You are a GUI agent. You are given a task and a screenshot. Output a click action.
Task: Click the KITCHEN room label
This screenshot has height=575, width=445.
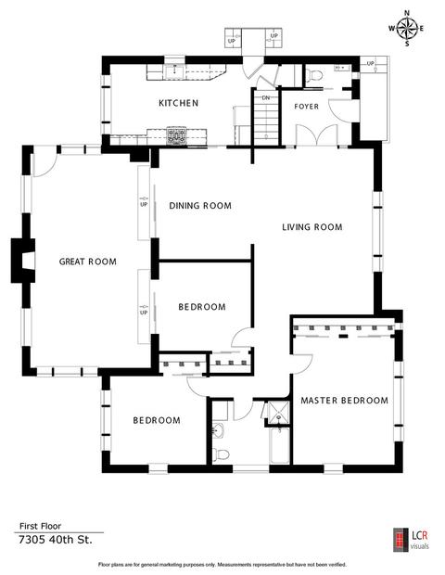[179, 103]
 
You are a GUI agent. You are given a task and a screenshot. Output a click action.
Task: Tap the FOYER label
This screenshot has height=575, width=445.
[307, 107]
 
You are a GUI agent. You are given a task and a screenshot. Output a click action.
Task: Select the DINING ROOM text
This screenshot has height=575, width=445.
[200, 206]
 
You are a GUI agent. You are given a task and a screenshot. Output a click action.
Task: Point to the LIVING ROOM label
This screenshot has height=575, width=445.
[312, 227]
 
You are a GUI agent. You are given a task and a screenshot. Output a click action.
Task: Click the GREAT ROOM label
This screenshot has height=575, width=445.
[87, 262]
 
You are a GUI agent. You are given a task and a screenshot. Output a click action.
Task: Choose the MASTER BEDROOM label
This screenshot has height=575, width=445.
[345, 401]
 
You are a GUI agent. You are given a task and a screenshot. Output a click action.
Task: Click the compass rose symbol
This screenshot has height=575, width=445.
[407, 29]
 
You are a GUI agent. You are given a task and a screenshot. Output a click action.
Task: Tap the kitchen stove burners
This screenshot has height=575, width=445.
[176, 135]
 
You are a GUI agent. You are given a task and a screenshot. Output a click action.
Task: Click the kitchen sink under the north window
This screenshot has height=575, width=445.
[174, 71]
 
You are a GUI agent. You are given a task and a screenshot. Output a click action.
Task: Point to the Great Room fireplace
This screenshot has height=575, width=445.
[23, 261]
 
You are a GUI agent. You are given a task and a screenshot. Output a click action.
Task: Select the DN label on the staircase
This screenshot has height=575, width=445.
[266, 98]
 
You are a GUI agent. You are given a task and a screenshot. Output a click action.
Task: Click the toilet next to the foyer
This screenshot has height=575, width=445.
[313, 75]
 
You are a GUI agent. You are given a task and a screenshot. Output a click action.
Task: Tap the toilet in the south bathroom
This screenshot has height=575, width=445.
[222, 454]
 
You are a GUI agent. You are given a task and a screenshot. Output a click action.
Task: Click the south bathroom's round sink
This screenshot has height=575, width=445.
[219, 429]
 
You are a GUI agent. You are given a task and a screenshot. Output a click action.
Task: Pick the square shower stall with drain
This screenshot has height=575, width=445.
[279, 413]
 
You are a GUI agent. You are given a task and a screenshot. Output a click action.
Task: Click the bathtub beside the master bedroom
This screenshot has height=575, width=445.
[279, 445]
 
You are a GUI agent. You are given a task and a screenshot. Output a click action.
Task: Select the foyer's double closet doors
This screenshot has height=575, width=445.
[317, 135]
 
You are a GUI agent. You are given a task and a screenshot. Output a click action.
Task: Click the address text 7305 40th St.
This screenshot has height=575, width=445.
[56, 540]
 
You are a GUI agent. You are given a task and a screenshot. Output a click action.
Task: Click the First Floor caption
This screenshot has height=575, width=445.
[40, 526]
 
